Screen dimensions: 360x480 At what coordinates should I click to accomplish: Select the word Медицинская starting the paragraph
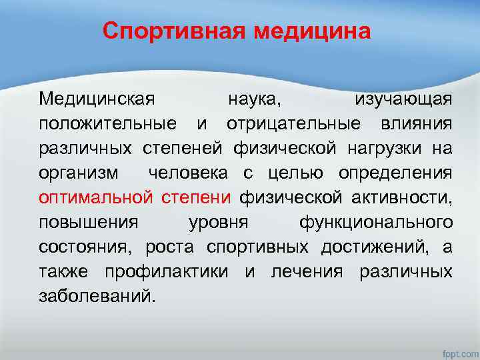pos(97,100)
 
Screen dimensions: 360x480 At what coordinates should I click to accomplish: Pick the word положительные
pos(107,124)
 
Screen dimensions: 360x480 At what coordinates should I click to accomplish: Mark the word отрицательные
pos(295,124)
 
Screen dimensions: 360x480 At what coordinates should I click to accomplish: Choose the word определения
pos(395,173)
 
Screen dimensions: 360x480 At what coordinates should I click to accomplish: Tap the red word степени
pos(196,197)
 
